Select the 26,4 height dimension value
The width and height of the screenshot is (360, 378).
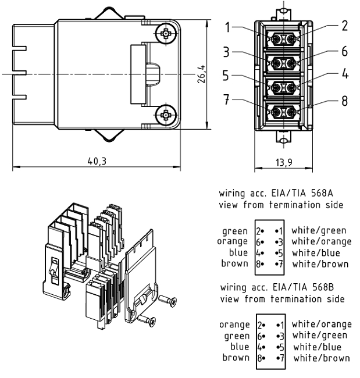[200, 74]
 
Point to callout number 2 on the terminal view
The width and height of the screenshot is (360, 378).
[344, 26]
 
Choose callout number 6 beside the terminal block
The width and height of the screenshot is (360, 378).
[344, 51]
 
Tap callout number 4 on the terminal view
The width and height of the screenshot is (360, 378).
[344, 75]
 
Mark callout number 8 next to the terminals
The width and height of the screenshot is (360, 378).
[344, 101]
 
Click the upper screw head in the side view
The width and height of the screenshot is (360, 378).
[167, 34]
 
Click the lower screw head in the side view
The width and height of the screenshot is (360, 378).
[167, 115]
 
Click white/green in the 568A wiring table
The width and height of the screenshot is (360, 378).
[319, 231]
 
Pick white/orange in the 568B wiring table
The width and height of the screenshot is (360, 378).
[322, 324]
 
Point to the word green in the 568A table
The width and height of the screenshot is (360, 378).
[235, 231]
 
